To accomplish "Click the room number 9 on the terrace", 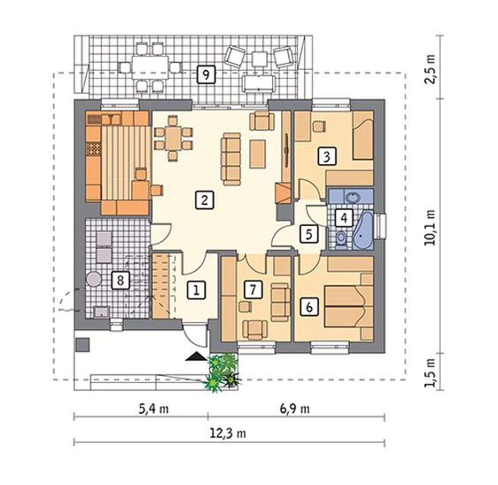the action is [206, 74].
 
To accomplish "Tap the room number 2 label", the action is [204, 201].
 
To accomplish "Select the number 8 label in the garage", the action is [120, 280].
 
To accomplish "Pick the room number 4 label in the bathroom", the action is [344, 218].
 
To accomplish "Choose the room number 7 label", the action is [253, 290].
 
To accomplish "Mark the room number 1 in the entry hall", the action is [196, 290].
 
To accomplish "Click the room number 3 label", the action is [326, 157].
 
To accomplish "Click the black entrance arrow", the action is [196, 356].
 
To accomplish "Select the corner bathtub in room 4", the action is [363, 230].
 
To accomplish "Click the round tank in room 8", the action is [93, 278].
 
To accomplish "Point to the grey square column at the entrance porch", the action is [82, 345].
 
